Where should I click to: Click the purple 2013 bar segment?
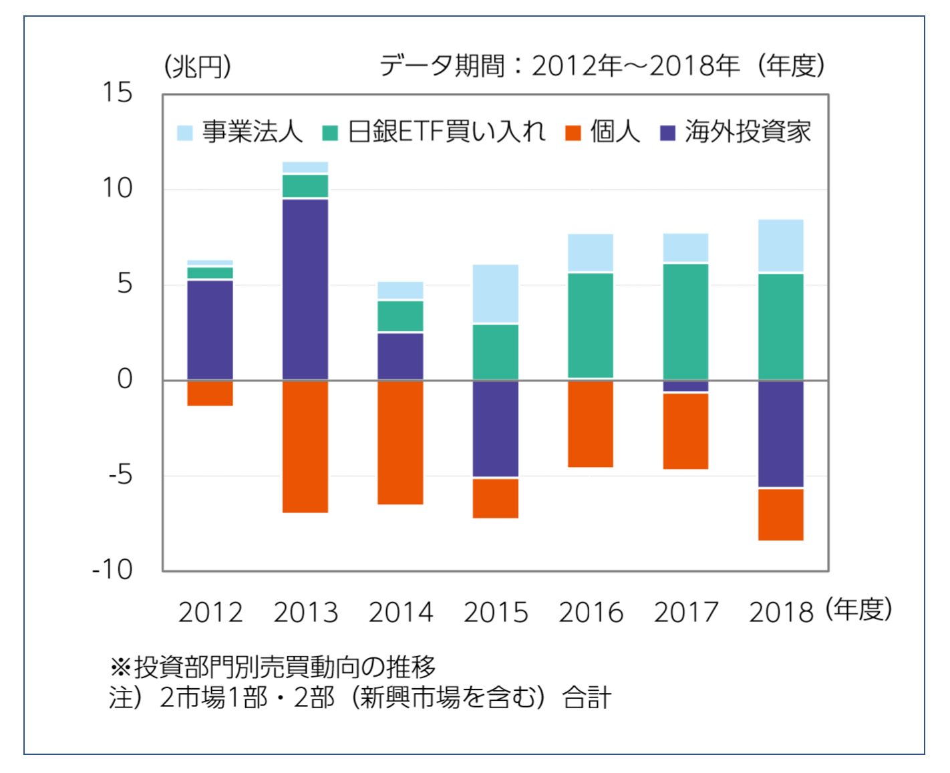click(x=305, y=289)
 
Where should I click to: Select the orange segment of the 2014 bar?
click(x=400, y=442)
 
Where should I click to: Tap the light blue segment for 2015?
click(x=496, y=294)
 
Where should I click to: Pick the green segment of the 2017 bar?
click(x=685, y=321)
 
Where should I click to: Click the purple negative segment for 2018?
click(x=781, y=434)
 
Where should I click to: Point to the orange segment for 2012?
click(x=210, y=394)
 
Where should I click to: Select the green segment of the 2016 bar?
click(x=591, y=325)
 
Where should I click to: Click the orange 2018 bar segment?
click(x=781, y=514)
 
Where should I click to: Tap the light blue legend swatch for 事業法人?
click(x=184, y=132)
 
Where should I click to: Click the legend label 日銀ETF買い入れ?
click(x=446, y=132)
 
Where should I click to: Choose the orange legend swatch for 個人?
click(x=573, y=132)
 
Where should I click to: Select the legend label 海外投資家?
click(x=748, y=132)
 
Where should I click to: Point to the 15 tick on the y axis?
click(x=118, y=93)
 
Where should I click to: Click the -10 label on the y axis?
click(x=112, y=570)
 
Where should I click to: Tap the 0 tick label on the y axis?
click(x=125, y=379)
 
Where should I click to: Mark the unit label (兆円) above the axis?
click(x=198, y=67)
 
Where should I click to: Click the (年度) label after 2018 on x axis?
click(x=858, y=609)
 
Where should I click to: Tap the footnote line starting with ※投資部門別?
click(x=273, y=666)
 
